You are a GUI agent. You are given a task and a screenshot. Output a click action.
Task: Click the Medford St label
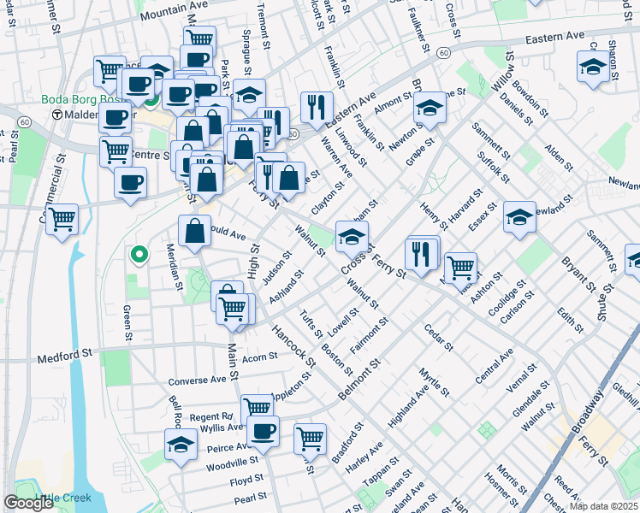click(63, 353)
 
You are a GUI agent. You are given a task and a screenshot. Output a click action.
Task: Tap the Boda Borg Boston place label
click(84, 99)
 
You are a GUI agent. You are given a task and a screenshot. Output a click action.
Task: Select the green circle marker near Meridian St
click(137, 254)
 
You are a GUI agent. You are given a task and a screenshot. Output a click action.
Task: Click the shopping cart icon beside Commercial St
click(62, 220)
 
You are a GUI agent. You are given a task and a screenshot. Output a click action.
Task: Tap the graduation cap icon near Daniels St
click(592, 67)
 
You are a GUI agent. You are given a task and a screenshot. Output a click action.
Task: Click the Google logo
click(28, 503)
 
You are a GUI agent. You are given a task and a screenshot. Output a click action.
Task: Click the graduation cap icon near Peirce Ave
click(181, 444)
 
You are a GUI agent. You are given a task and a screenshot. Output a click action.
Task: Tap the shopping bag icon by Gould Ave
click(194, 231)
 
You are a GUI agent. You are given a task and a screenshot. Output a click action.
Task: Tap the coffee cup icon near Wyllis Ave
click(264, 430)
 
